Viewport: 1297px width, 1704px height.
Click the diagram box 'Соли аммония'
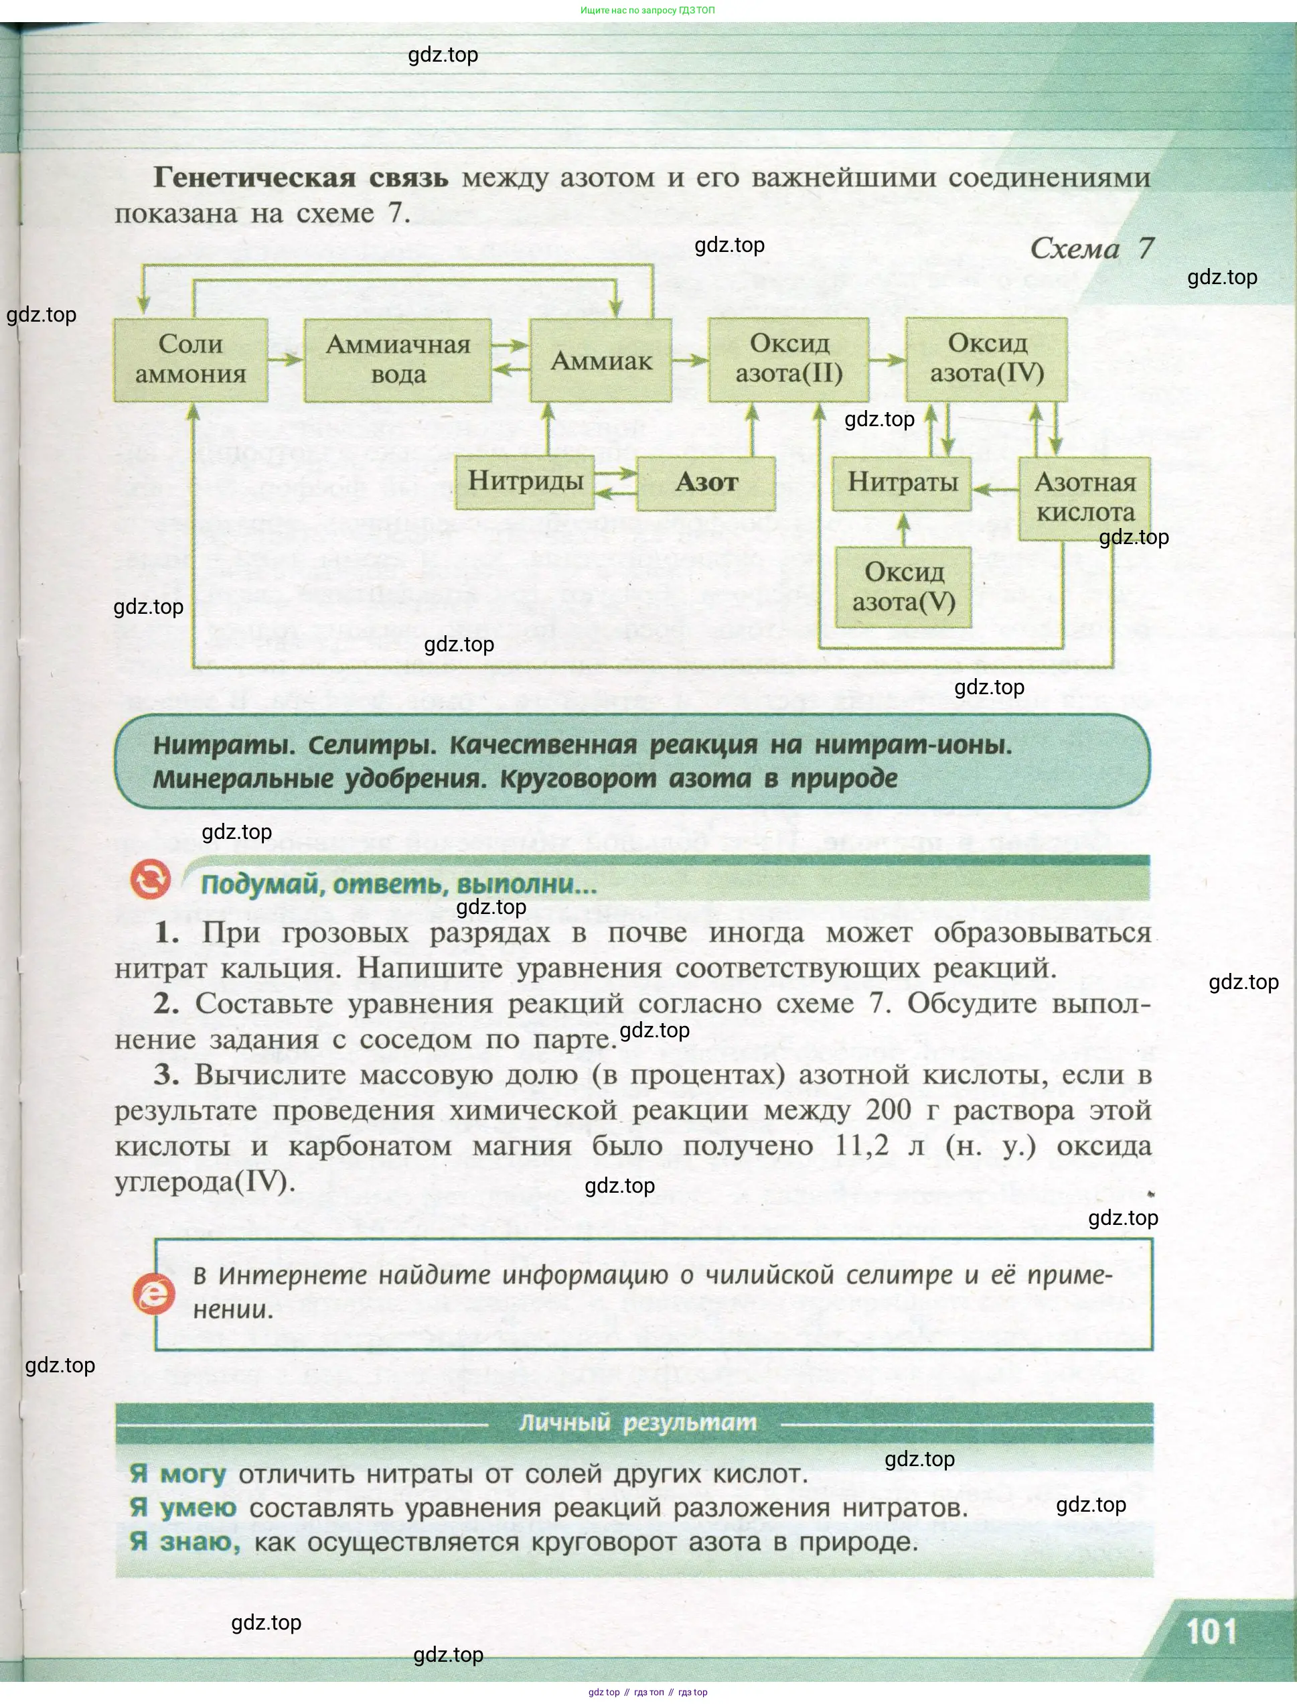(191, 359)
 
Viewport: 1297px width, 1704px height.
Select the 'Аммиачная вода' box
(398, 359)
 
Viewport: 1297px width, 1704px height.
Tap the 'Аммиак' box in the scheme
(601, 360)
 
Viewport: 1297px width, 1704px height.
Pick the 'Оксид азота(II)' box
(788, 359)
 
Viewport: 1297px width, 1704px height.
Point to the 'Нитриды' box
(525, 482)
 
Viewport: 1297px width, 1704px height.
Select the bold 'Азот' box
(706, 482)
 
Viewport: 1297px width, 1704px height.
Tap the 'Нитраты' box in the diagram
(902, 482)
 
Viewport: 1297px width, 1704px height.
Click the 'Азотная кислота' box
(1084, 497)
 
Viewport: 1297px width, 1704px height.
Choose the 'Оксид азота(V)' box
(903, 587)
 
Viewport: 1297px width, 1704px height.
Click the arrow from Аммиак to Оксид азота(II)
(690, 360)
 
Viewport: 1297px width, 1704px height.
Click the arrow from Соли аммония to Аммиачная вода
(286, 359)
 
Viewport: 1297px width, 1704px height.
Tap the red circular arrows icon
(150, 880)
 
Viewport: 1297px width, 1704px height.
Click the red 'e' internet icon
(153, 1293)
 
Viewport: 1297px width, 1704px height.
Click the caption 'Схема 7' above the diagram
(1091, 249)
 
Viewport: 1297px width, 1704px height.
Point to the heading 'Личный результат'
(637, 1423)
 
